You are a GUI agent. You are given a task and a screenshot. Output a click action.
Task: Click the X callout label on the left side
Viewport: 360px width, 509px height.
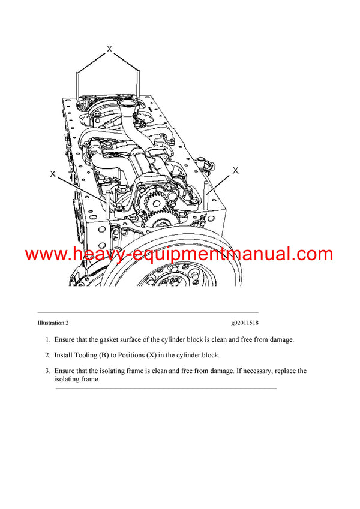pos(53,174)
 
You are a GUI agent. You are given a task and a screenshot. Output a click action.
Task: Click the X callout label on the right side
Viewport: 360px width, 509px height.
pos(235,171)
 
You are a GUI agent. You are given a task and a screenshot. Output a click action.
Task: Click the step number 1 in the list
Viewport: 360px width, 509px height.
pos(47,339)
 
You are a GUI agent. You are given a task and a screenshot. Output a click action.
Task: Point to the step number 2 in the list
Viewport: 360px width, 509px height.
pos(47,355)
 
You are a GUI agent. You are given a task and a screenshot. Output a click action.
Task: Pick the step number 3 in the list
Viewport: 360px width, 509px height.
pos(47,371)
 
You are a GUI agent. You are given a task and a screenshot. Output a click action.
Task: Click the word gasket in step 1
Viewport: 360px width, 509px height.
pos(119,339)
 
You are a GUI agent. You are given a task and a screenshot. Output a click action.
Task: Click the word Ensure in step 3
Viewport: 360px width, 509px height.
pos(65,371)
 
